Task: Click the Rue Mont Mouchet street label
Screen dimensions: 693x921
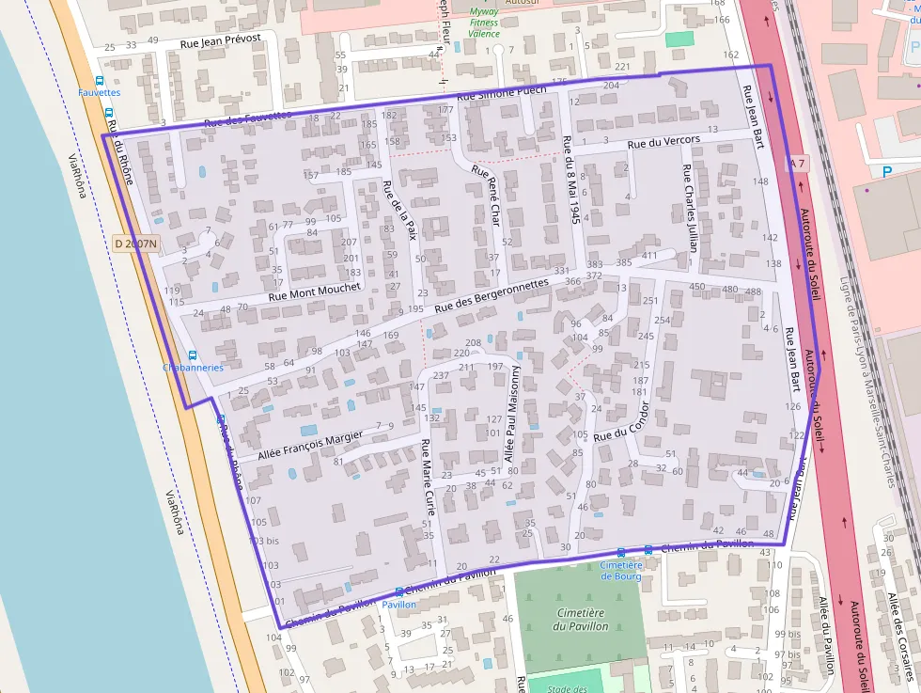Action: tap(314, 291)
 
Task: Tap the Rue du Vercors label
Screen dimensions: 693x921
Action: tap(663, 142)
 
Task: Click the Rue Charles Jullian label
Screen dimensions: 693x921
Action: tap(691, 209)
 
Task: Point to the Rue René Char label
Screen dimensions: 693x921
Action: tap(490, 197)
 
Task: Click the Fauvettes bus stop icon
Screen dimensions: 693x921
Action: tap(100, 81)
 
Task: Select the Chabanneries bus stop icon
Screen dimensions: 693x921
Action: tap(193, 355)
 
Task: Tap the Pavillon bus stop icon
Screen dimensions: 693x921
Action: tap(398, 592)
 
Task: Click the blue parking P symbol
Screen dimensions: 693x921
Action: tap(887, 172)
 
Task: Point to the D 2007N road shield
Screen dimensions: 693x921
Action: tap(136, 244)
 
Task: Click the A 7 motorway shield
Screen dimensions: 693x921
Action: tap(797, 164)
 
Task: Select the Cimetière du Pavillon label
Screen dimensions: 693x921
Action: tap(579, 619)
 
